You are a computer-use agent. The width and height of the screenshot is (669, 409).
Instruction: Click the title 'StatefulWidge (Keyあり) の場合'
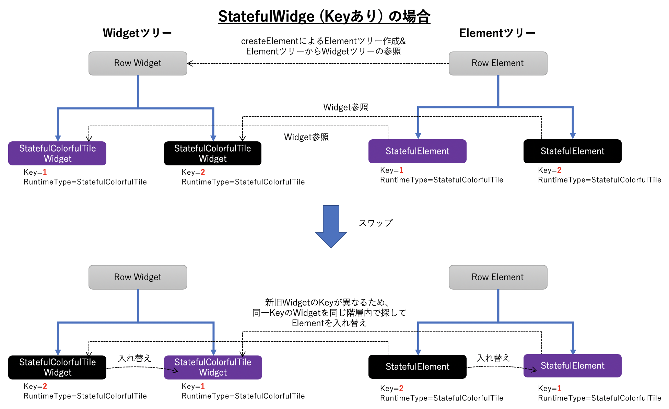pyautogui.click(x=324, y=16)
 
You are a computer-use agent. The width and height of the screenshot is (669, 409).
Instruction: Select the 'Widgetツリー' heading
pyautogui.click(x=137, y=33)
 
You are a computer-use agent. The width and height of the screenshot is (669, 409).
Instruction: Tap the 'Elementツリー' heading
pyautogui.click(x=497, y=33)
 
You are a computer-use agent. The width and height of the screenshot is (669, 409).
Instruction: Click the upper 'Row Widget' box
pyautogui.click(x=138, y=63)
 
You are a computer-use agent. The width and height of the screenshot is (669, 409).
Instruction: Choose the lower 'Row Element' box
pyautogui.click(x=497, y=277)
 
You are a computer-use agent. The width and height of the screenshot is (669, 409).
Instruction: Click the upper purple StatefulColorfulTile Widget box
pyautogui.click(x=57, y=153)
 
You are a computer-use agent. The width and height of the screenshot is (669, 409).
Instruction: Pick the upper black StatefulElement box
pyautogui.click(x=572, y=151)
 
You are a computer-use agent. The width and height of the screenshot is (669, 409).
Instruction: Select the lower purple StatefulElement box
pyautogui.click(x=572, y=366)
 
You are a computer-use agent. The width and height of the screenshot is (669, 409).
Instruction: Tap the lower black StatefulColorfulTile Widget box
pyautogui.click(x=57, y=367)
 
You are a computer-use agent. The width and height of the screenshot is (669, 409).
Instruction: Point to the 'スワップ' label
pyautogui.click(x=375, y=223)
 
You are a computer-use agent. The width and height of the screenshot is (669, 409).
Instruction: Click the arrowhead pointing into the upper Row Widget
pyautogui.click(x=190, y=63)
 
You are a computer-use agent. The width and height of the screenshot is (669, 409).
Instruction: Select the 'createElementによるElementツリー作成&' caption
pyautogui.click(x=323, y=41)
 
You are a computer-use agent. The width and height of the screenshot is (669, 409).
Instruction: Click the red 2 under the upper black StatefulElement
pyautogui.click(x=559, y=170)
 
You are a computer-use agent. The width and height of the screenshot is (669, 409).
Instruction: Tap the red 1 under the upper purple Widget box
pyautogui.click(x=45, y=172)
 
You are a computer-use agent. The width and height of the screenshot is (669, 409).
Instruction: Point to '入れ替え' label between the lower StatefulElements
pyautogui.click(x=493, y=358)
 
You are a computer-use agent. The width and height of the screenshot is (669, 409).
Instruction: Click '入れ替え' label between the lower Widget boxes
pyautogui.click(x=134, y=358)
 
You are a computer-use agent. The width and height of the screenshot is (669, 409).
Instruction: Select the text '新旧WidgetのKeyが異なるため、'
pyautogui.click(x=328, y=302)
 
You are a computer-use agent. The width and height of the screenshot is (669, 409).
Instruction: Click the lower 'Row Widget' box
pyautogui.click(x=138, y=277)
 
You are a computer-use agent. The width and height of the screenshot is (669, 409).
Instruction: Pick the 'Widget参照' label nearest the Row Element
pyautogui.click(x=345, y=107)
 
